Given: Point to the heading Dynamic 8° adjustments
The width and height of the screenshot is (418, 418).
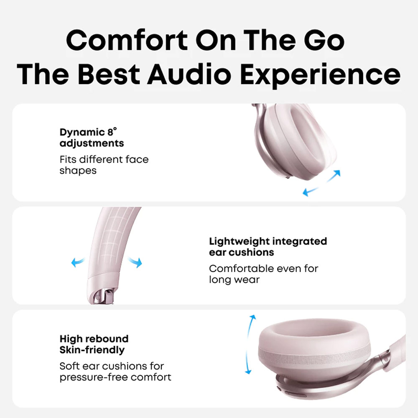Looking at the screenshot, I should pyautogui.click(x=92, y=138).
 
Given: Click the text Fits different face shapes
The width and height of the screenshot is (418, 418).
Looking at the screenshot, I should pyautogui.click(x=104, y=165).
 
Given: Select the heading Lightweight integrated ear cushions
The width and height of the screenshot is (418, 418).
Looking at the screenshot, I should pyautogui.click(x=268, y=247).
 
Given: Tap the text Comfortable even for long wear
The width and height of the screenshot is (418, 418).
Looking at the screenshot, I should pyautogui.click(x=263, y=274).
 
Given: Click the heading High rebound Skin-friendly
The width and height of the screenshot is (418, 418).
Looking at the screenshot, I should pyautogui.click(x=94, y=344).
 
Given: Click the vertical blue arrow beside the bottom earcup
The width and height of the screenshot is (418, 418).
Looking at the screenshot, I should pyautogui.click(x=250, y=344).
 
